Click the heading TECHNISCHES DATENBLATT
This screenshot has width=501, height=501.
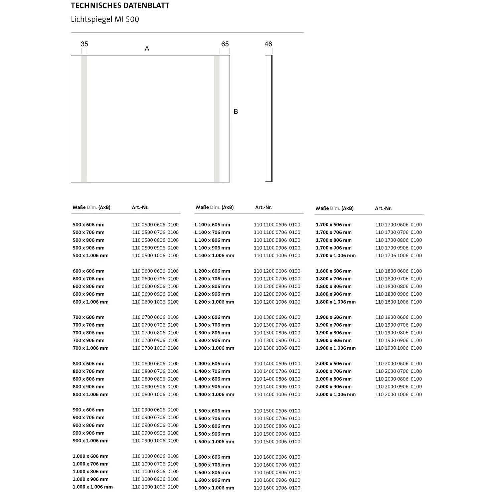click(x=120, y=6)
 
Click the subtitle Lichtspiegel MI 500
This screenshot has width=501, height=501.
click(x=105, y=19)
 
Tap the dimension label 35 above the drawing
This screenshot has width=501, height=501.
click(x=85, y=44)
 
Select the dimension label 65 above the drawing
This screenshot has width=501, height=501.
click(x=225, y=44)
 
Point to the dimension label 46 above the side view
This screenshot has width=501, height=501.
click(x=268, y=44)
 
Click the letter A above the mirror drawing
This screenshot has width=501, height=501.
click(x=147, y=49)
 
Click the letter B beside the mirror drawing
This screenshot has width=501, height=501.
click(x=236, y=112)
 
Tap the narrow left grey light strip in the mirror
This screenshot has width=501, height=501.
click(x=84, y=119)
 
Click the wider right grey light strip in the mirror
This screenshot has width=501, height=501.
click(x=217, y=119)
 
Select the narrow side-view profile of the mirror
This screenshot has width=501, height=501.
click(x=269, y=119)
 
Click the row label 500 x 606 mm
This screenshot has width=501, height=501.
click(x=89, y=225)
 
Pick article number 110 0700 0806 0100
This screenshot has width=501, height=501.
click(x=155, y=333)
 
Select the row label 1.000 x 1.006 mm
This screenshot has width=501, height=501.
click(x=93, y=487)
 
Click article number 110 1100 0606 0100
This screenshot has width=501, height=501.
click(x=277, y=225)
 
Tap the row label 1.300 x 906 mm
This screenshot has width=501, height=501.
click(x=212, y=340)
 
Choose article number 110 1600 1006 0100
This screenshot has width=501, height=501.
click(x=277, y=488)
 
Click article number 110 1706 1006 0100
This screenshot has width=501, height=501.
click(x=398, y=256)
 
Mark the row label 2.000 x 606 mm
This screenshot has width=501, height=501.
click(x=334, y=363)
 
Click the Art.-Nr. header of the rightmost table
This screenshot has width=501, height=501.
click(x=383, y=208)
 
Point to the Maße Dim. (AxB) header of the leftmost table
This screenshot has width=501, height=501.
click(x=92, y=207)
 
